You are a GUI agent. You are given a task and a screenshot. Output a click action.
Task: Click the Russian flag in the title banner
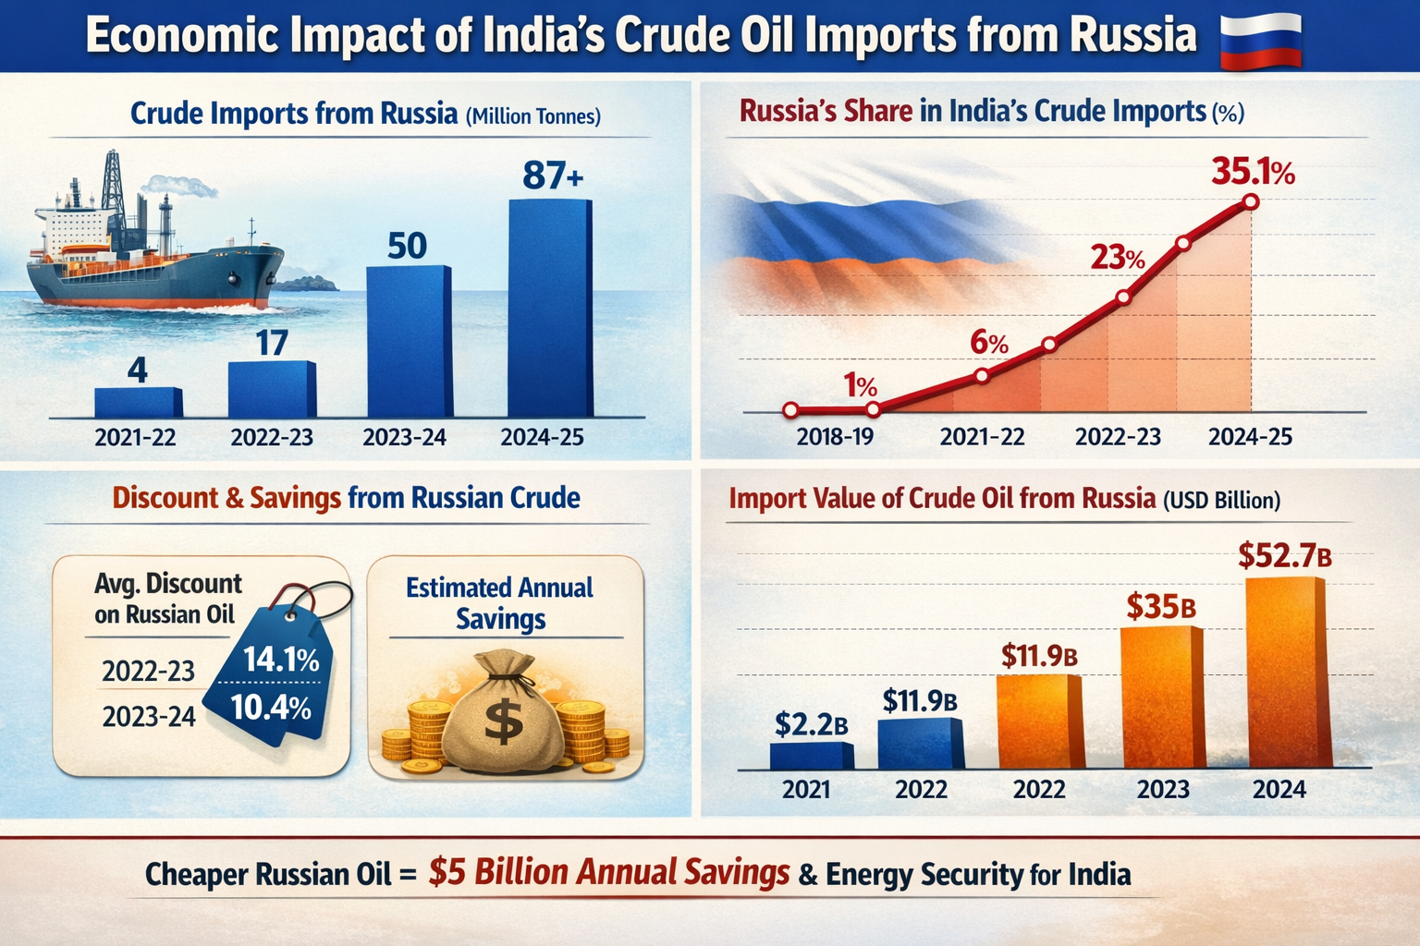tap(1261, 41)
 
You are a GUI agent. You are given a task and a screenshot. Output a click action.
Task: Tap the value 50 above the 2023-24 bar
tap(407, 247)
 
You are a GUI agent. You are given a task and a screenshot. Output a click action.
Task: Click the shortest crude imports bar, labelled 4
tap(138, 402)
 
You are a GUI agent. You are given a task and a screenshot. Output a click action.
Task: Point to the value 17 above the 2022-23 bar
tap(272, 344)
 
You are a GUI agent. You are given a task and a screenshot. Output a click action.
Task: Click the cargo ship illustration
tap(153, 249)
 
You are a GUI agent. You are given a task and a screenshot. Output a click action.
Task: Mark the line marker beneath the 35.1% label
tap(1251, 201)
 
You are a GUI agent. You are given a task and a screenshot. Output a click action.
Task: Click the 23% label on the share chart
tap(1117, 257)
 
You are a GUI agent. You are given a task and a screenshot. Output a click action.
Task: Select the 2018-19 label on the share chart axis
tap(835, 437)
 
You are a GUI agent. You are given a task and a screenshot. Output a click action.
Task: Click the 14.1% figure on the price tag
tap(281, 660)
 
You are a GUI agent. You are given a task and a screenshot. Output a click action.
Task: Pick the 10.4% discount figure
tap(270, 708)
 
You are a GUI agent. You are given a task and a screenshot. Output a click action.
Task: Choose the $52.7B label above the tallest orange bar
tap(1284, 556)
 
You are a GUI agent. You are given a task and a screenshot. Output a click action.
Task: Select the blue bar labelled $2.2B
tap(812, 756)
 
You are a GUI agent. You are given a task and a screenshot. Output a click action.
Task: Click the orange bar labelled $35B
tap(1162, 697)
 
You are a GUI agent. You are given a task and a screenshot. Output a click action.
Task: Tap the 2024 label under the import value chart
tap(1279, 790)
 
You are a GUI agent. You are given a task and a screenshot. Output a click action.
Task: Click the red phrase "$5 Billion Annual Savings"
tap(609, 873)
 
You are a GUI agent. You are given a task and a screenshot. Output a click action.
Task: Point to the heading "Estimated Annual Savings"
tap(499, 603)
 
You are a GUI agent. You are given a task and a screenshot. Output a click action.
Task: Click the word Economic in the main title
tap(182, 36)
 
